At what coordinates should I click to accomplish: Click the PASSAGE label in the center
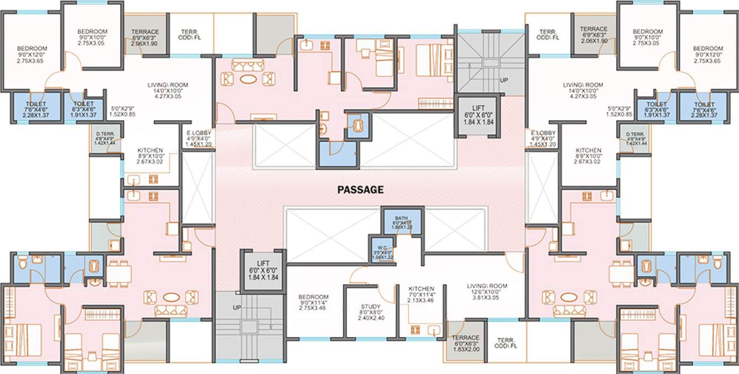point(361,190)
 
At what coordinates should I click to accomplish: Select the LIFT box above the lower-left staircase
point(262,271)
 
